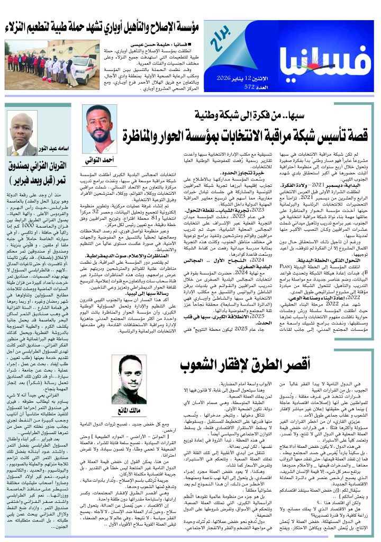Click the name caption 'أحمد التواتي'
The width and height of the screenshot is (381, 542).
pos(99,159)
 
